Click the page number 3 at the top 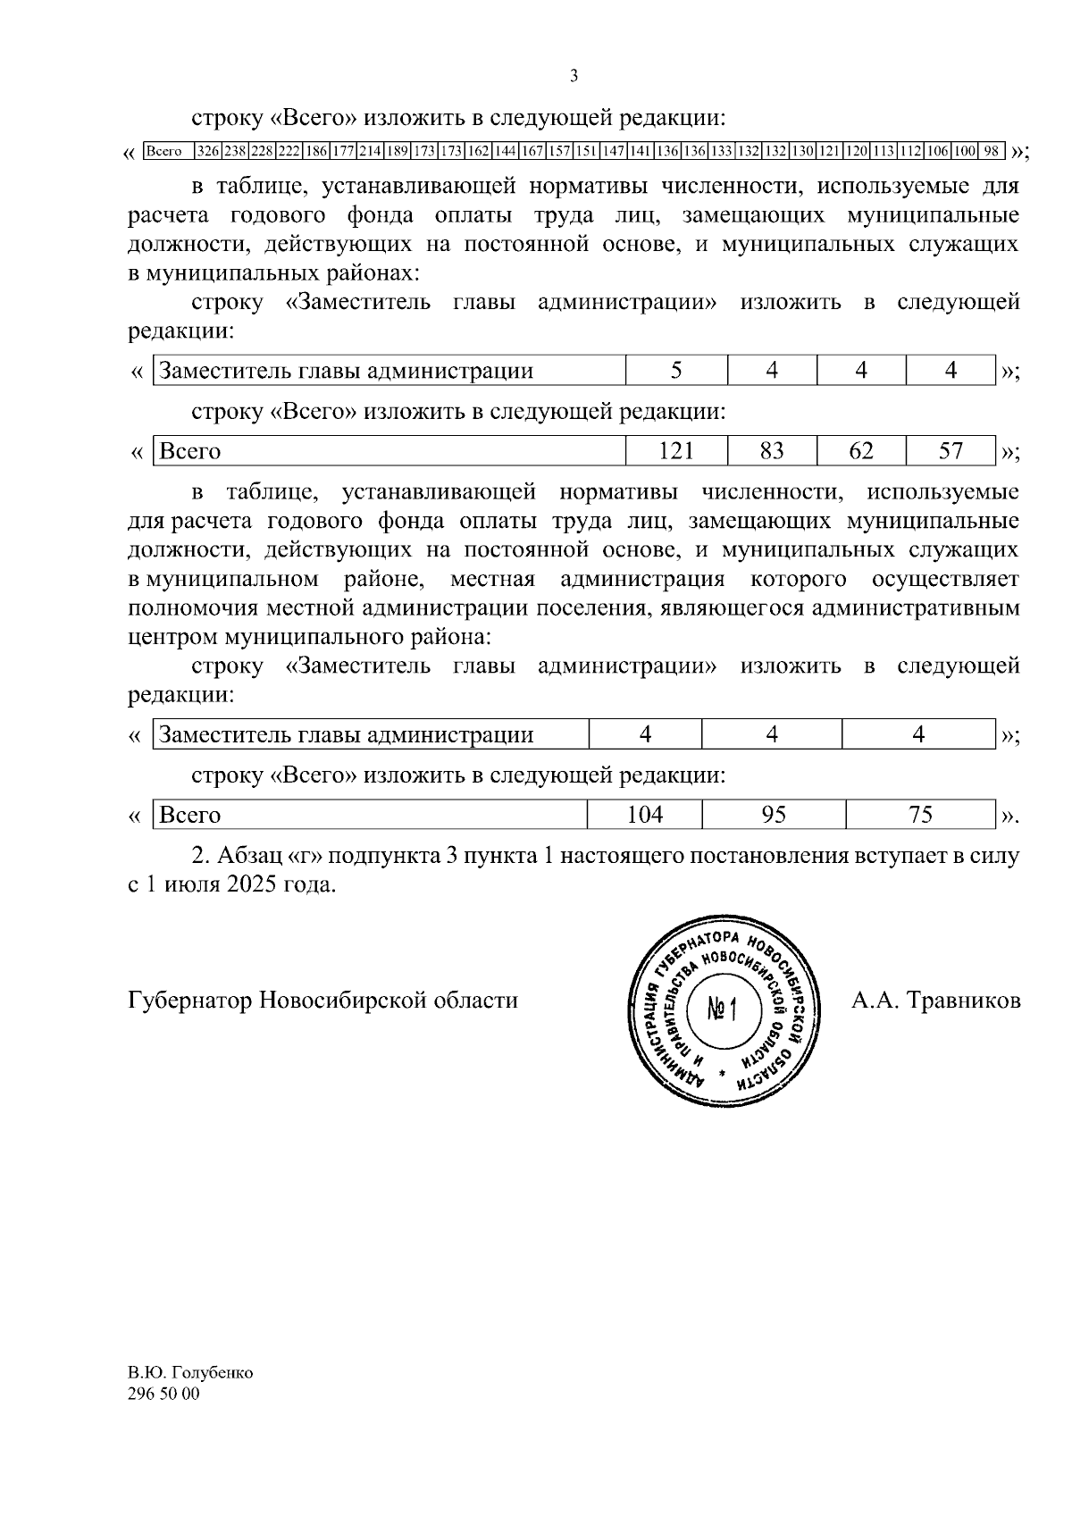pos(574,76)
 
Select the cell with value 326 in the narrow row pos(208,151)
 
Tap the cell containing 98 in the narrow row pos(992,151)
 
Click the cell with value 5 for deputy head pos(676,370)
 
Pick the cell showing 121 pos(676,451)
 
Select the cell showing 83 pos(772,451)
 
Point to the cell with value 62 pos(861,451)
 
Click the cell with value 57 pos(951,451)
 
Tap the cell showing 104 pos(645,815)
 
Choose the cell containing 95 pos(772,815)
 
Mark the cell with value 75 pos(919,815)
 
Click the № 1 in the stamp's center pos(720,1010)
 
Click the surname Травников pos(964,1000)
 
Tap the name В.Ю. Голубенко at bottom pos(190,1373)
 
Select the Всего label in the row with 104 pos(189,815)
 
